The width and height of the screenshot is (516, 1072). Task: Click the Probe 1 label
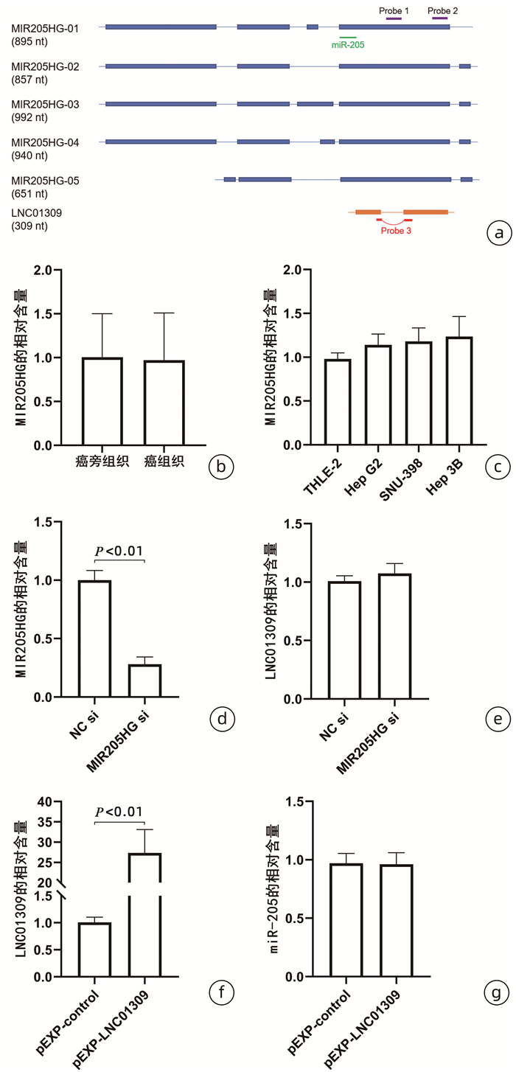click(394, 11)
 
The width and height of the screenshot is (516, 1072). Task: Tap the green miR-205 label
click(348, 44)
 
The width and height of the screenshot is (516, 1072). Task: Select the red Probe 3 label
click(396, 230)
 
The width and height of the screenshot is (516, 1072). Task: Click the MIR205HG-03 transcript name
click(45, 104)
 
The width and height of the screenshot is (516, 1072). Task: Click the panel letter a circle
click(499, 234)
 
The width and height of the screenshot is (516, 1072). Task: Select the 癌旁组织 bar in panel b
click(102, 401)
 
